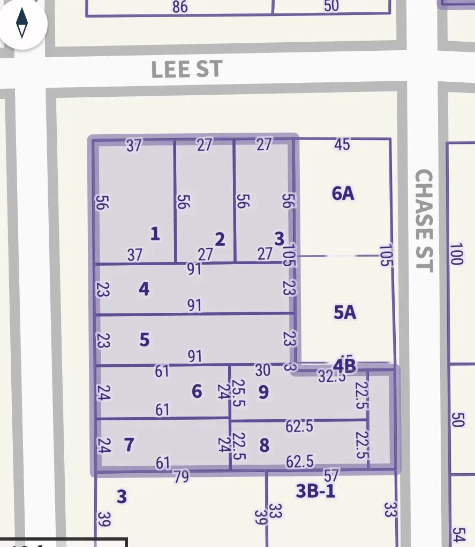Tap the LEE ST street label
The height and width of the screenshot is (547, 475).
[x=186, y=70]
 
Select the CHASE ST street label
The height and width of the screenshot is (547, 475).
[x=424, y=220]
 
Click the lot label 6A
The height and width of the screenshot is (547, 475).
[x=343, y=193]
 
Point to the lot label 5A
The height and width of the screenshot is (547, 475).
[x=345, y=312]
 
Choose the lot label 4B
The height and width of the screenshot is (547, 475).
[x=344, y=366]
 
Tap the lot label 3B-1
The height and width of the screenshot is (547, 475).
[x=316, y=491]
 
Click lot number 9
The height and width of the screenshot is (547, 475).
[x=263, y=392]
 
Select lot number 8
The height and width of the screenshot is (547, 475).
[x=264, y=445]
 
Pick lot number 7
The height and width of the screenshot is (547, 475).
[x=129, y=444]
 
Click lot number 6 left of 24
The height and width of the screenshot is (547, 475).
[x=197, y=391]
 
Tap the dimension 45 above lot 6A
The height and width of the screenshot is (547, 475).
[x=342, y=144]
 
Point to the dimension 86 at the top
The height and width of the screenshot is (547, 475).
[x=180, y=7]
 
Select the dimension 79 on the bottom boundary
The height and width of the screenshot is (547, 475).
[x=182, y=476]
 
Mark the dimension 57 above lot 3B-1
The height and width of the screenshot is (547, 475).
[x=332, y=474]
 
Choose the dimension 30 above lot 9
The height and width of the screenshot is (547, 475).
[x=262, y=369]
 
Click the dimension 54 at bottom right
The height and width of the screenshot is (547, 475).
[x=457, y=535]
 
